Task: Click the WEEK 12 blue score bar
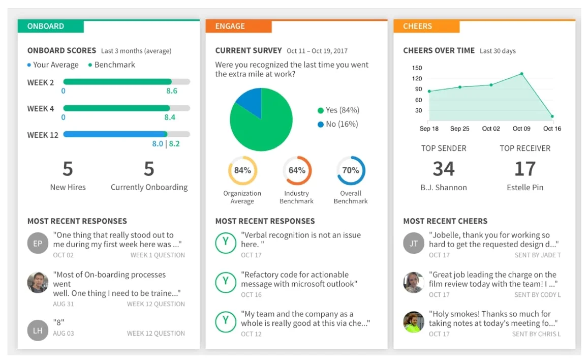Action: tap(115, 134)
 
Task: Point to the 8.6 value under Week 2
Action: tap(172, 91)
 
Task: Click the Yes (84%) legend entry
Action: tap(338, 110)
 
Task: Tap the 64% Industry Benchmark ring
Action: tap(297, 170)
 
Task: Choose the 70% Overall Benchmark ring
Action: tap(351, 170)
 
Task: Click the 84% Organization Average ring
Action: tap(242, 170)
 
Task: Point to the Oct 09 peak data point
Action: tap(521, 74)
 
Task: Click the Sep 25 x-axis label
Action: tap(459, 129)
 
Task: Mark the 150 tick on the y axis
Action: tap(417, 68)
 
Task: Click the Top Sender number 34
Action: tap(444, 169)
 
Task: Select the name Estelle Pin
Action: tap(525, 188)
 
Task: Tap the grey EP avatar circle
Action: tap(38, 244)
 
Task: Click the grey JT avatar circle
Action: tap(414, 244)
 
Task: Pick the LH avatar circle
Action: tap(38, 331)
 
